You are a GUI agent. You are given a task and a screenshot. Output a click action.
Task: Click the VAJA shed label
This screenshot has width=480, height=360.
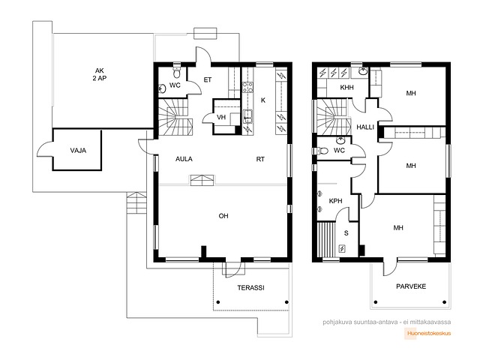click(x=78, y=150)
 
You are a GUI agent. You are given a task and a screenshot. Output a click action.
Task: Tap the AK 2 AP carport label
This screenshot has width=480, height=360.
click(x=100, y=74)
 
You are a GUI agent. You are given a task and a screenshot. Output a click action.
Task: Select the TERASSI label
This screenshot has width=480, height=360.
click(x=250, y=288)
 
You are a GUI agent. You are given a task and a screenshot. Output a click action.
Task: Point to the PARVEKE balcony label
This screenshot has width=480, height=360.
click(x=411, y=286)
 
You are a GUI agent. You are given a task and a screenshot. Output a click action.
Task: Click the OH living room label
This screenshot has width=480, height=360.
click(x=223, y=216)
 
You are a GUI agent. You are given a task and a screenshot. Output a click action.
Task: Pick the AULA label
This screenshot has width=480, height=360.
click(x=184, y=159)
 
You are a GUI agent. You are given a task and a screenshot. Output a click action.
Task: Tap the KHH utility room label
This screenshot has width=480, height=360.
click(x=346, y=88)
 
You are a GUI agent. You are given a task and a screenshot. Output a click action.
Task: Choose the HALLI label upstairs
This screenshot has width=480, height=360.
click(x=365, y=127)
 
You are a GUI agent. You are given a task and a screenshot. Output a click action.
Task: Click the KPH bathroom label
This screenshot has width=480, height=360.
click(x=335, y=201)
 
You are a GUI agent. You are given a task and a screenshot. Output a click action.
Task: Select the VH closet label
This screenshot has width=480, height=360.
click(x=221, y=117)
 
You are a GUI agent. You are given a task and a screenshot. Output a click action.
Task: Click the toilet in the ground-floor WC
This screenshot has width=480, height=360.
click(x=177, y=72)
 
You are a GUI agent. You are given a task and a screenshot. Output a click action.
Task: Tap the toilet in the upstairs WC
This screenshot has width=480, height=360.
click(x=321, y=151)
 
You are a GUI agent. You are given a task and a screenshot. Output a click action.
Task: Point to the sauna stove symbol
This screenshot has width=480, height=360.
click(x=342, y=248)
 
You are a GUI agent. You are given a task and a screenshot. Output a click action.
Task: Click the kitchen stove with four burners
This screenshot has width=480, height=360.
click(x=247, y=87)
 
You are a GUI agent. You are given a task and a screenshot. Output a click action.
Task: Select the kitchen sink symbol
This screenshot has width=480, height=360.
click(x=248, y=116)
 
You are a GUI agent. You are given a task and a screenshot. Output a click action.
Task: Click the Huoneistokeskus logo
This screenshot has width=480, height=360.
click(x=427, y=333)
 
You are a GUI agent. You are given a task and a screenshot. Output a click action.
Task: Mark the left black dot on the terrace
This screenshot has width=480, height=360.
click(x=218, y=302)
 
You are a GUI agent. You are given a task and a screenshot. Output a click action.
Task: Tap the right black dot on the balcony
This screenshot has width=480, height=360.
click(x=445, y=302)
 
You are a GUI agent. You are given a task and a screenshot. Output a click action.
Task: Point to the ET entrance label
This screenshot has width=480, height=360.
click(x=208, y=80)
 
